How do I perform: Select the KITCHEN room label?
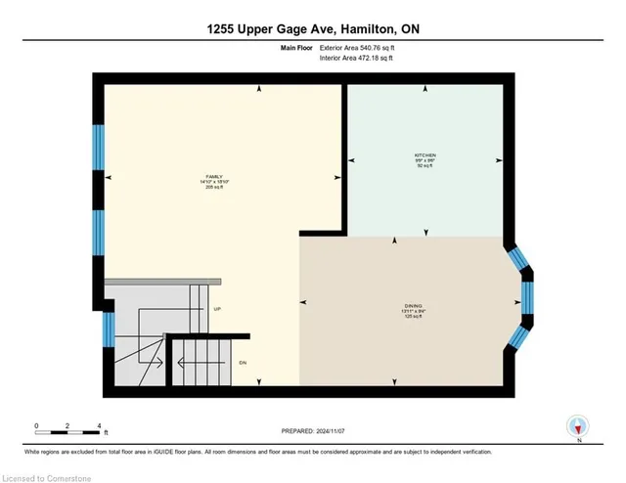424,155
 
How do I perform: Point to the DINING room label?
414,305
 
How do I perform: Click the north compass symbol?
579,426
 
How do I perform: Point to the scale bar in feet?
67,427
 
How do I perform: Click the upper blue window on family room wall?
98,147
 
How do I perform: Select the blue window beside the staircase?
109,329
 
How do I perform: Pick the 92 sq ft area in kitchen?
424,167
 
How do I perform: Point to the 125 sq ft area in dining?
414,317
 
